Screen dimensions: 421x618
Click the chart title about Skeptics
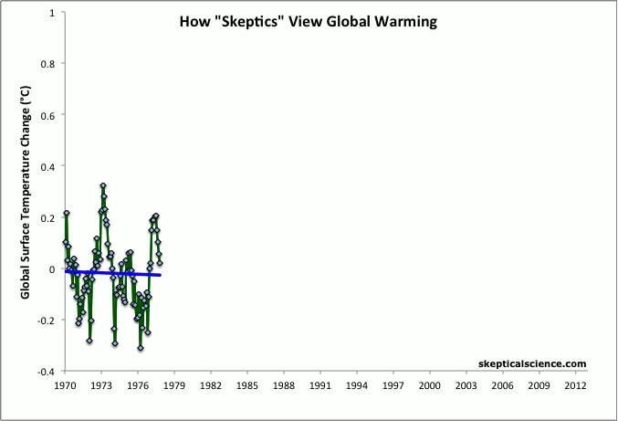pyautogui.click(x=308, y=21)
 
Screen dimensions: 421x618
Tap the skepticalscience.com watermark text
pyautogui.click(x=531, y=363)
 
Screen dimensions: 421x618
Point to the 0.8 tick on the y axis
pyautogui.click(x=48, y=64)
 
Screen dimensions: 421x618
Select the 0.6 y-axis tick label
pyautogui.click(x=48, y=115)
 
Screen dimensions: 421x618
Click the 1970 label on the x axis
pyautogui.click(x=65, y=386)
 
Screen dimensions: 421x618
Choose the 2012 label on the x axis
pyautogui.click(x=576, y=386)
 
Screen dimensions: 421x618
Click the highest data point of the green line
pyautogui.click(x=103, y=185)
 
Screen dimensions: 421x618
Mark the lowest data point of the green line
pyautogui.click(x=141, y=348)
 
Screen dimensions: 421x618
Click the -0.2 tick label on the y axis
pyautogui.click(x=47, y=321)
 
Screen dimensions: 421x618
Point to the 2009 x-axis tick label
pyautogui.click(x=539, y=386)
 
